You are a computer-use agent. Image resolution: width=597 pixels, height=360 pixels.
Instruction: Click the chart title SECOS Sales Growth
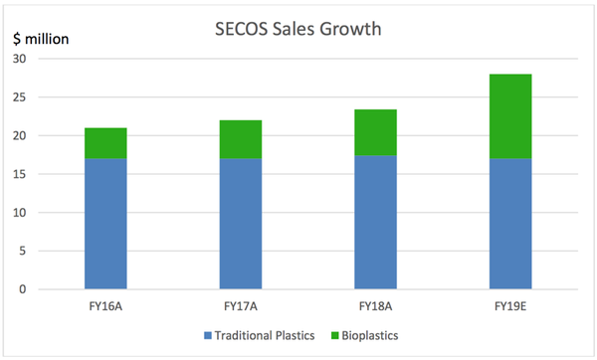coord(298,29)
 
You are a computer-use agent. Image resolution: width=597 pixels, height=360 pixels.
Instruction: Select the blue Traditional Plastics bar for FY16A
coord(105,224)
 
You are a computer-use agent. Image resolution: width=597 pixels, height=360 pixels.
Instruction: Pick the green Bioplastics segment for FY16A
coord(105,143)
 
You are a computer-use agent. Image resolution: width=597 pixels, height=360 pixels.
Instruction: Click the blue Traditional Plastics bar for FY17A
coord(241,224)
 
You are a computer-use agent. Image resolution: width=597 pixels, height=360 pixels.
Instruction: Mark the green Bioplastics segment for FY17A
coord(241,139)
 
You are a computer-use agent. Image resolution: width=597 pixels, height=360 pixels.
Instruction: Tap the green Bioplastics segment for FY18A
coord(376,132)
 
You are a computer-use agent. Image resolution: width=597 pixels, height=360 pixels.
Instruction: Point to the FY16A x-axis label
coord(105,305)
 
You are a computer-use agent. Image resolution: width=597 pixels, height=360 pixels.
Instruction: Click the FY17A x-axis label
coord(241,305)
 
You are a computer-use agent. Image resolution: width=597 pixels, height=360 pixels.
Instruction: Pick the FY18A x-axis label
coord(376,305)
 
